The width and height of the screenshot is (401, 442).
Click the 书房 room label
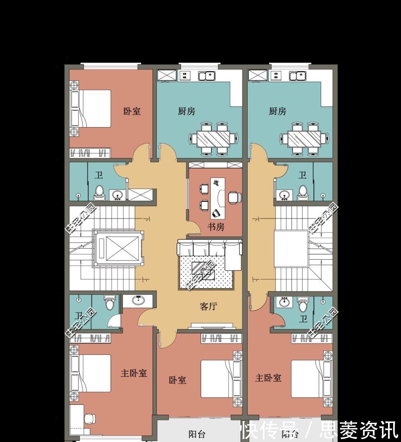point(216,226)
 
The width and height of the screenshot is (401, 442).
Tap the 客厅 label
point(209,306)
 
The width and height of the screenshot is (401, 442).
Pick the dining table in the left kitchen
point(213,139)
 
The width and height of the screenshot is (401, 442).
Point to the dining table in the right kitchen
point(304,139)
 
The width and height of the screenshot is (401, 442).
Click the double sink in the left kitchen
point(207,76)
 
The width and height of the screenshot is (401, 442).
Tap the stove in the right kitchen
point(276,76)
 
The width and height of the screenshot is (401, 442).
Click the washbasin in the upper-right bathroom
point(285,195)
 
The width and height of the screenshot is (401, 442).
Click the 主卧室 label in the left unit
point(134,373)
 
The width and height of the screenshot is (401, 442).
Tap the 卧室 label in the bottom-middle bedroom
point(178,380)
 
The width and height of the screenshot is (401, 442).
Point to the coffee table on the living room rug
point(203,270)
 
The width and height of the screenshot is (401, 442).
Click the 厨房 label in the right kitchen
point(278,111)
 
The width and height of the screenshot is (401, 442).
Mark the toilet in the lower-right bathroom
point(303,305)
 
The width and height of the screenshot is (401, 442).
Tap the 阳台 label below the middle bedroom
point(197,434)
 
